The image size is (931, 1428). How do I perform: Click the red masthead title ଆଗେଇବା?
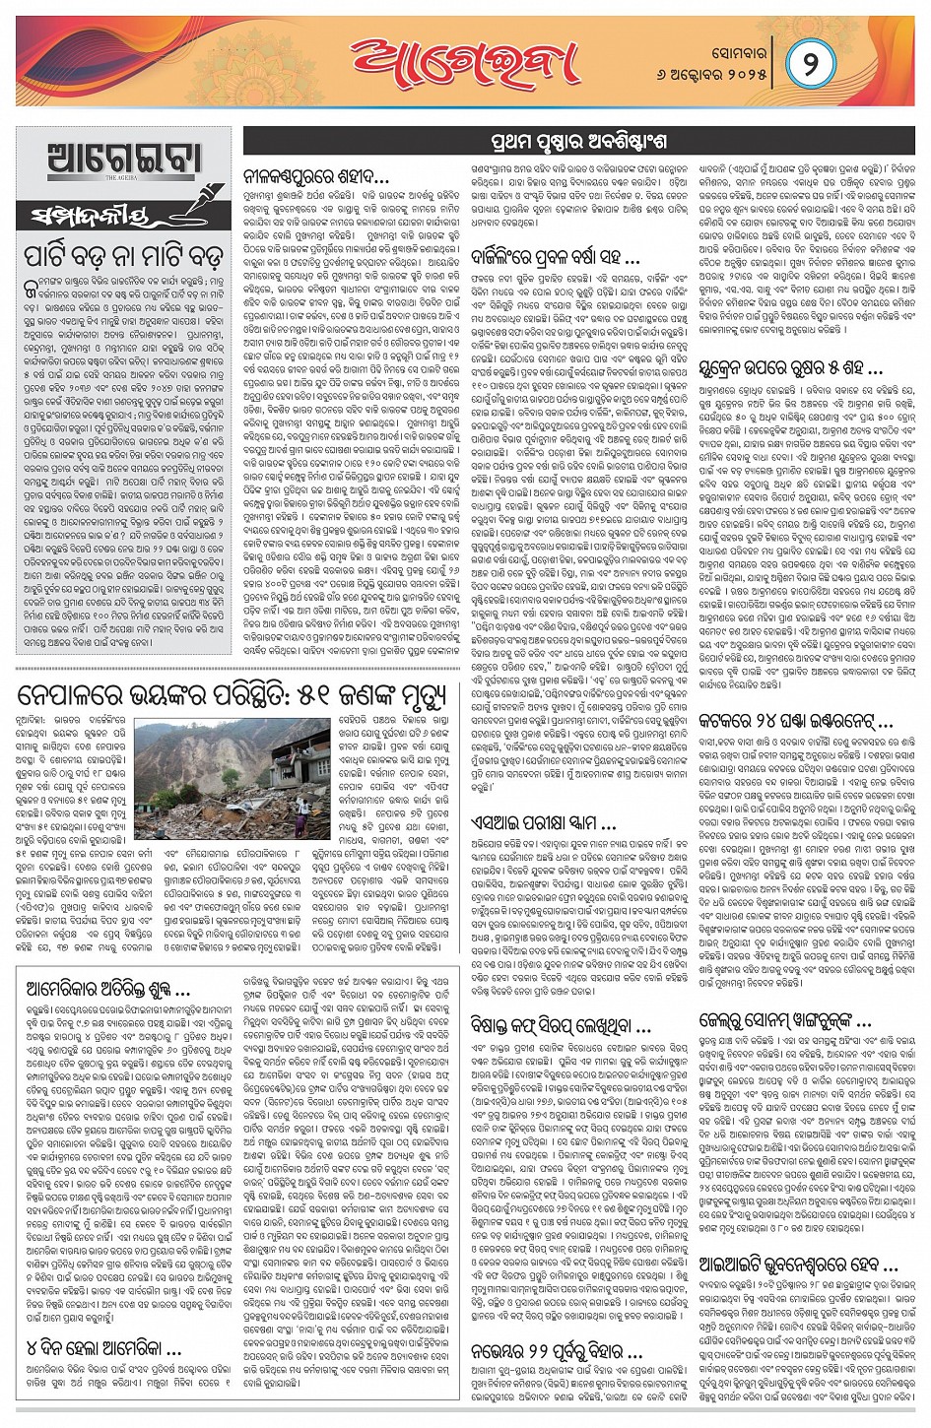pos(465,61)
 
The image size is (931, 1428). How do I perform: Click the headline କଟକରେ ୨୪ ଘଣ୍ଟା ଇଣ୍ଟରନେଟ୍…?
pos(795,720)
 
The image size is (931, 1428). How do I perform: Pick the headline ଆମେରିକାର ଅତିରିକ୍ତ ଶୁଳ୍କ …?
pos(108,988)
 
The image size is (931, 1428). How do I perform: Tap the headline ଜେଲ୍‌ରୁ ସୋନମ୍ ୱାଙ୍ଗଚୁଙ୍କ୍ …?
pos(785,1019)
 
